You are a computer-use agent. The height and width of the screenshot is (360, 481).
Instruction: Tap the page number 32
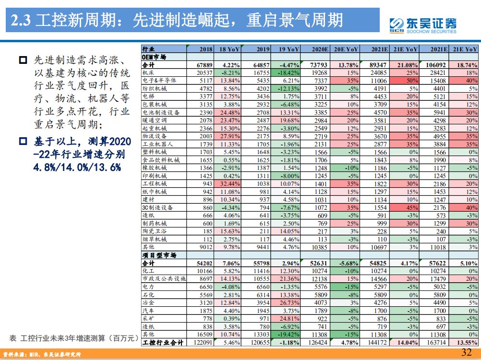pos(467,352)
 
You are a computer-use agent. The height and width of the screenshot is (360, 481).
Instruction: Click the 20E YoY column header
pos(346,49)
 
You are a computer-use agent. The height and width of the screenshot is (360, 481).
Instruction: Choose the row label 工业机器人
pos(154,144)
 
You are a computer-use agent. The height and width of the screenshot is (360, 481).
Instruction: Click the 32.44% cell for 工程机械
pos(229,184)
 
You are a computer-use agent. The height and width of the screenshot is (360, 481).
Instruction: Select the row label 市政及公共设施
pos(164,279)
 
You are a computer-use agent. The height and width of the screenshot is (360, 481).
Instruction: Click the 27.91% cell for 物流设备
pos(229,136)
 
